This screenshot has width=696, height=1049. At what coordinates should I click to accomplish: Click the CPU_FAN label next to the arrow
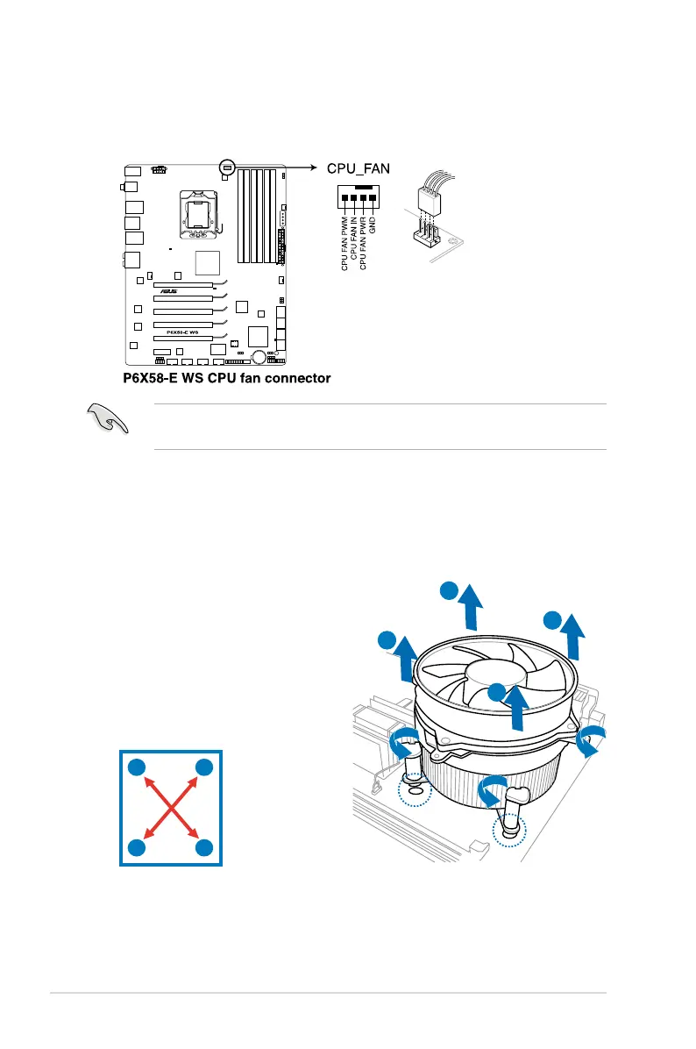[x=358, y=168]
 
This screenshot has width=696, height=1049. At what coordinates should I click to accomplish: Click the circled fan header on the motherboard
[x=226, y=166]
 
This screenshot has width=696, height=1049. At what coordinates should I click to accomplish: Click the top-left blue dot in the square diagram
[x=137, y=767]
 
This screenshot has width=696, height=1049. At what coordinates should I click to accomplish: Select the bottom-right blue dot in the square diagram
[x=204, y=848]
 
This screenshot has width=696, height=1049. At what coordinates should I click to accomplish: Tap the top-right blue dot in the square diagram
[x=204, y=767]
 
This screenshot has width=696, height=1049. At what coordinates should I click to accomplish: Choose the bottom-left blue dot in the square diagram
[x=137, y=848]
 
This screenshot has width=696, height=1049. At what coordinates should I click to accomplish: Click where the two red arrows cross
[x=171, y=808]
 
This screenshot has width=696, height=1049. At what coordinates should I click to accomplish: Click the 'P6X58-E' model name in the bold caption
[x=154, y=379]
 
